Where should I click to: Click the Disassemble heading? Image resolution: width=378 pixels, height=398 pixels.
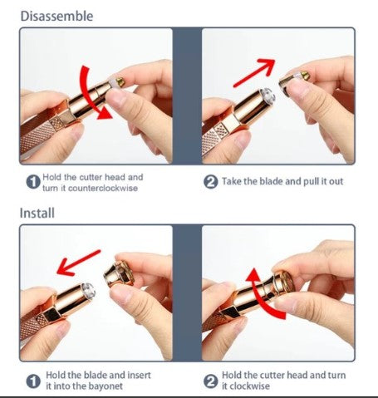click(56, 16)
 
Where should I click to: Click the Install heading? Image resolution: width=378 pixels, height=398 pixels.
click(37, 213)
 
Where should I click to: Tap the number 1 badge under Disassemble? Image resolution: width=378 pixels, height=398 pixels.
click(33, 182)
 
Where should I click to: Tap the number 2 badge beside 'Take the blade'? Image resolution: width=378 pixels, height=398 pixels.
click(210, 182)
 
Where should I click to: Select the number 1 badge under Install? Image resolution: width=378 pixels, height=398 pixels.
click(33, 381)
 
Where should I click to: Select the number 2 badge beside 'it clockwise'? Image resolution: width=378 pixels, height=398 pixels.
click(210, 381)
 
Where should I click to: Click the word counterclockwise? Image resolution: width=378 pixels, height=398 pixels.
click(103, 189)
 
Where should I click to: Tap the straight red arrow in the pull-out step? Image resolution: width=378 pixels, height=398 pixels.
click(255, 72)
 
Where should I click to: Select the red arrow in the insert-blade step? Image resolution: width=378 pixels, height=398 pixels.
click(79, 263)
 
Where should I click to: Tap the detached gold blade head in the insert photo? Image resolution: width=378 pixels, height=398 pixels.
click(119, 274)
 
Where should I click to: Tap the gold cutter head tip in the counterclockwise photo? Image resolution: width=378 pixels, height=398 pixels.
click(120, 81)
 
